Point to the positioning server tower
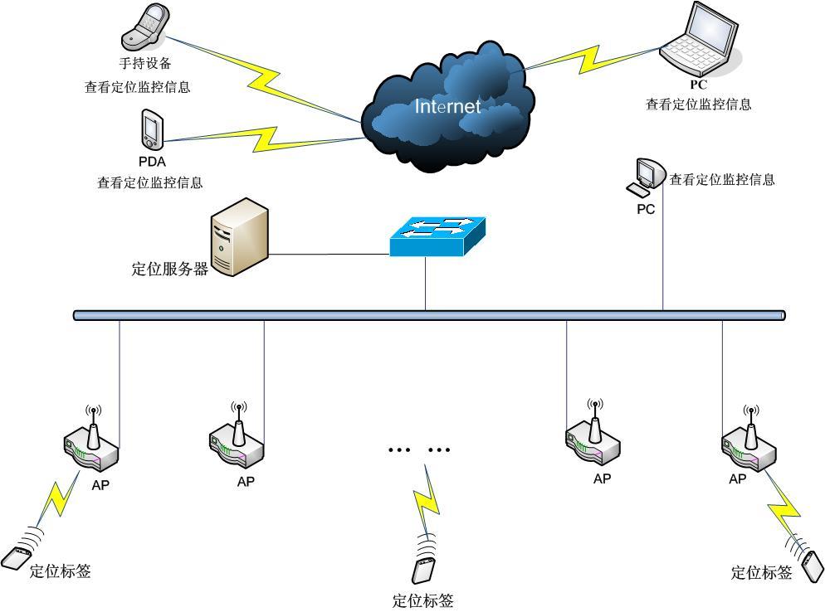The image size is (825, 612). pos(240,236)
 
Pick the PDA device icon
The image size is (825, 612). pos(151,129)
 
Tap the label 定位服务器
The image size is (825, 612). pos(170,269)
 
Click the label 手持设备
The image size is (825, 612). pos(145,63)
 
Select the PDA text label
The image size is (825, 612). pos(152,162)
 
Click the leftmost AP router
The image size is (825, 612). pos(91,443)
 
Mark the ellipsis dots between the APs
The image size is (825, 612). pos(418,449)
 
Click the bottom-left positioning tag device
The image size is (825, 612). pos(16,558)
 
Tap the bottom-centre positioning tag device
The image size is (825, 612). pos(422,571)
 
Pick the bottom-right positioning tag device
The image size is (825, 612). pos(811,566)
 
